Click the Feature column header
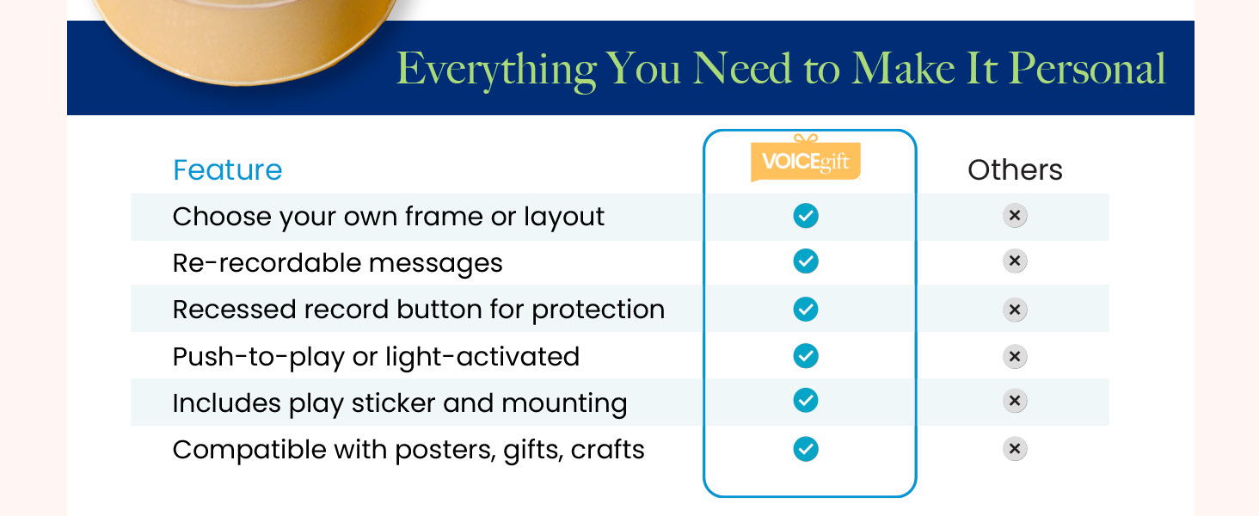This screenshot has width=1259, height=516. (x=228, y=169)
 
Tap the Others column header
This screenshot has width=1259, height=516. (x=1015, y=169)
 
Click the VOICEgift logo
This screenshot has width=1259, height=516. (x=806, y=158)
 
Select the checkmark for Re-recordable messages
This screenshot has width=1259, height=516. (x=806, y=261)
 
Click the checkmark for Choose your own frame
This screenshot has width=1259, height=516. (x=806, y=216)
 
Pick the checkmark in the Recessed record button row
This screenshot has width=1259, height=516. (x=806, y=309)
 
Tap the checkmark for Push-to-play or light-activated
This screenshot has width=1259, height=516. (x=806, y=356)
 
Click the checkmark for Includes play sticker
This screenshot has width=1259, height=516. (x=806, y=400)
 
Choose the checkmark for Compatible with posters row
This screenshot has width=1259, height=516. (x=806, y=449)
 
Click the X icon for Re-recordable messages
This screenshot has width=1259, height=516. (x=1015, y=261)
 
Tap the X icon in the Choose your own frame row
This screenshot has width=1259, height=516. (x=1015, y=215)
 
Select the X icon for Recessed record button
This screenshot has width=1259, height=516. (x=1015, y=310)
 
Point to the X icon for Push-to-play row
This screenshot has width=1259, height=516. (x=1015, y=356)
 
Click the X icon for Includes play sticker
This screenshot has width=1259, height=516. (x=1015, y=401)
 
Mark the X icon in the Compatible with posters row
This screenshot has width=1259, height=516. (x=1015, y=449)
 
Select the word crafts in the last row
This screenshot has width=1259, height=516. (x=608, y=450)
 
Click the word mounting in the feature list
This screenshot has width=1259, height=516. (x=564, y=404)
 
